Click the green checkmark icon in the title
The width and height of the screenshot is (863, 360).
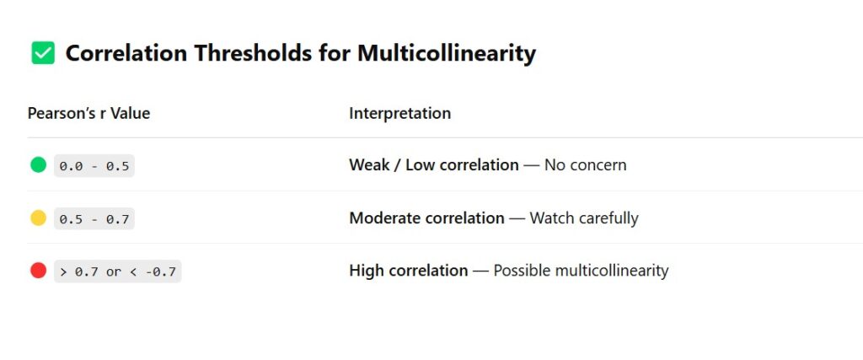[x=43, y=53]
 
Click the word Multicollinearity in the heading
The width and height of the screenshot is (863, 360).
[x=447, y=53]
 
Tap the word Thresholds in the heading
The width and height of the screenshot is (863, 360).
[x=253, y=53]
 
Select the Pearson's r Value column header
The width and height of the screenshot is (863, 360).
[x=88, y=113]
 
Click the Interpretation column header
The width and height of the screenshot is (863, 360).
[x=400, y=113]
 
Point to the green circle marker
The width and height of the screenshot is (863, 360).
[x=39, y=164]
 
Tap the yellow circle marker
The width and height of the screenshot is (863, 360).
[x=39, y=218]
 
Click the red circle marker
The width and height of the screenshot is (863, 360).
[x=39, y=271]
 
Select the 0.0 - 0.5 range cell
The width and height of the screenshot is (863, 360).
[x=94, y=166]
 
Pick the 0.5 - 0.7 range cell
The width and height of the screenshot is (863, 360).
[x=94, y=218]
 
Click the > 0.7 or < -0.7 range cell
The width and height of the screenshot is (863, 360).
[x=118, y=271]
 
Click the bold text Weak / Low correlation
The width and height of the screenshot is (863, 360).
[x=434, y=165]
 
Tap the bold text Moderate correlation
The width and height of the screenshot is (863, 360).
[x=426, y=218]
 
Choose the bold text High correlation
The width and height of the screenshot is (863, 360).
[x=409, y=271]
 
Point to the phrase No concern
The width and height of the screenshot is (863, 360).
[x=586, y=165]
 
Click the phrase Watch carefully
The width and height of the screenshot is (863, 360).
[x=584, y=218]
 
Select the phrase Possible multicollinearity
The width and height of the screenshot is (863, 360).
[x=581, y=271]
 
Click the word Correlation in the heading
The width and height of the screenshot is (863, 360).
[x=126, y=53]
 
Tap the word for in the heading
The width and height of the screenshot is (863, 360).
[x=334, y=53]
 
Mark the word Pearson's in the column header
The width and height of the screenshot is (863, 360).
[x=57, y=113]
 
